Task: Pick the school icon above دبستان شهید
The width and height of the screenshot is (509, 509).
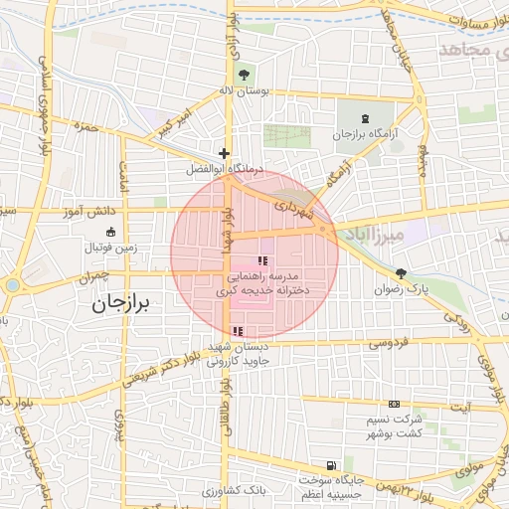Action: tap(236, 331)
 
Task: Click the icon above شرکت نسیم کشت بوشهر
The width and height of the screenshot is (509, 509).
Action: tap(395, 405)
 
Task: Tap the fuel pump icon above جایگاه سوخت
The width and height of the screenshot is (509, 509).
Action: tap(330, 465)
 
